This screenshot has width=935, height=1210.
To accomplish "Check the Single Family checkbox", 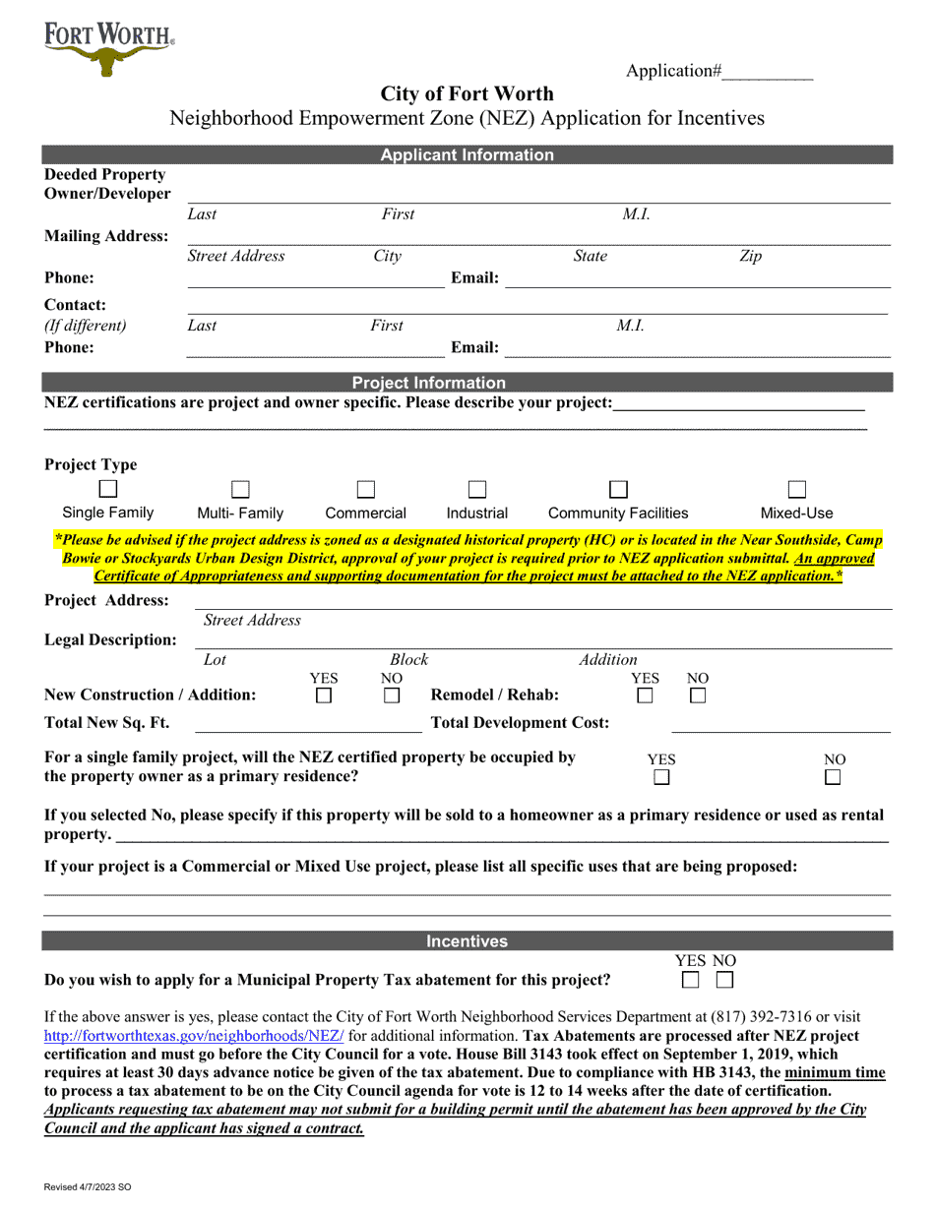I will point(108,489).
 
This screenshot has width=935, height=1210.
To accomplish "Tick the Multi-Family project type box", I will point(240,489).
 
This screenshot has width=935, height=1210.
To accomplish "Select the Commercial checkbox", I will point(365,489).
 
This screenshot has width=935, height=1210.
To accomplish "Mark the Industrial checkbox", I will point(477,489).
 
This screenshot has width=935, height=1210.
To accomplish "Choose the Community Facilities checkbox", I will point(618,489).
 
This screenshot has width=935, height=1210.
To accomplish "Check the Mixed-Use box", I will point(797,489).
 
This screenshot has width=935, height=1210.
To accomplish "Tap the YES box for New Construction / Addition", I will point(323,696).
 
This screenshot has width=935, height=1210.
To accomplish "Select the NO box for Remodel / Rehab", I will point(698,696).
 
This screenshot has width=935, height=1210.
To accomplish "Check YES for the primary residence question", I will point(661,777).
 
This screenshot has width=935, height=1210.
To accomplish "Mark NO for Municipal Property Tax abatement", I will point(724,980).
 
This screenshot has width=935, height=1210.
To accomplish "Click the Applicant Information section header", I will point(467,154).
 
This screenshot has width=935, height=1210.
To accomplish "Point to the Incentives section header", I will point(467,941).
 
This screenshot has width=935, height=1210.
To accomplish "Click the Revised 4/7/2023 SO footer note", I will point(87,1187).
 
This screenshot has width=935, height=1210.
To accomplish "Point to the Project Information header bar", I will point(467,383).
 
